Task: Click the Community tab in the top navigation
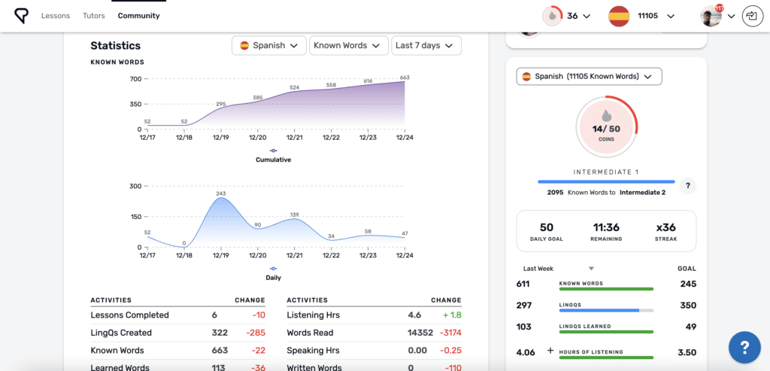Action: (138, 16)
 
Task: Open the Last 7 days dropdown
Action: (426, 46)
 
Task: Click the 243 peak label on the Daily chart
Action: (221, 193)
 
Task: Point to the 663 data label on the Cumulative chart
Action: (405, 77)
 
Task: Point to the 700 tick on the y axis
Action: (135, 78)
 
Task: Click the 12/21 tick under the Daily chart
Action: (295, 256)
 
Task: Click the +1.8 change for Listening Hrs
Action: (451, 315)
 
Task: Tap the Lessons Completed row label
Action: (129, 315)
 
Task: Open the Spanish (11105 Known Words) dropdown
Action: (589, 76)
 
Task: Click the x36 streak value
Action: (665, 227)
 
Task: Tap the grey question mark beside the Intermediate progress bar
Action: (687, 186)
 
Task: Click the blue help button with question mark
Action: (744, 347)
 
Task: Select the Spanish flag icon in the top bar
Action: (619, 16)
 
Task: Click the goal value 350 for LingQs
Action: (687, 305)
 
